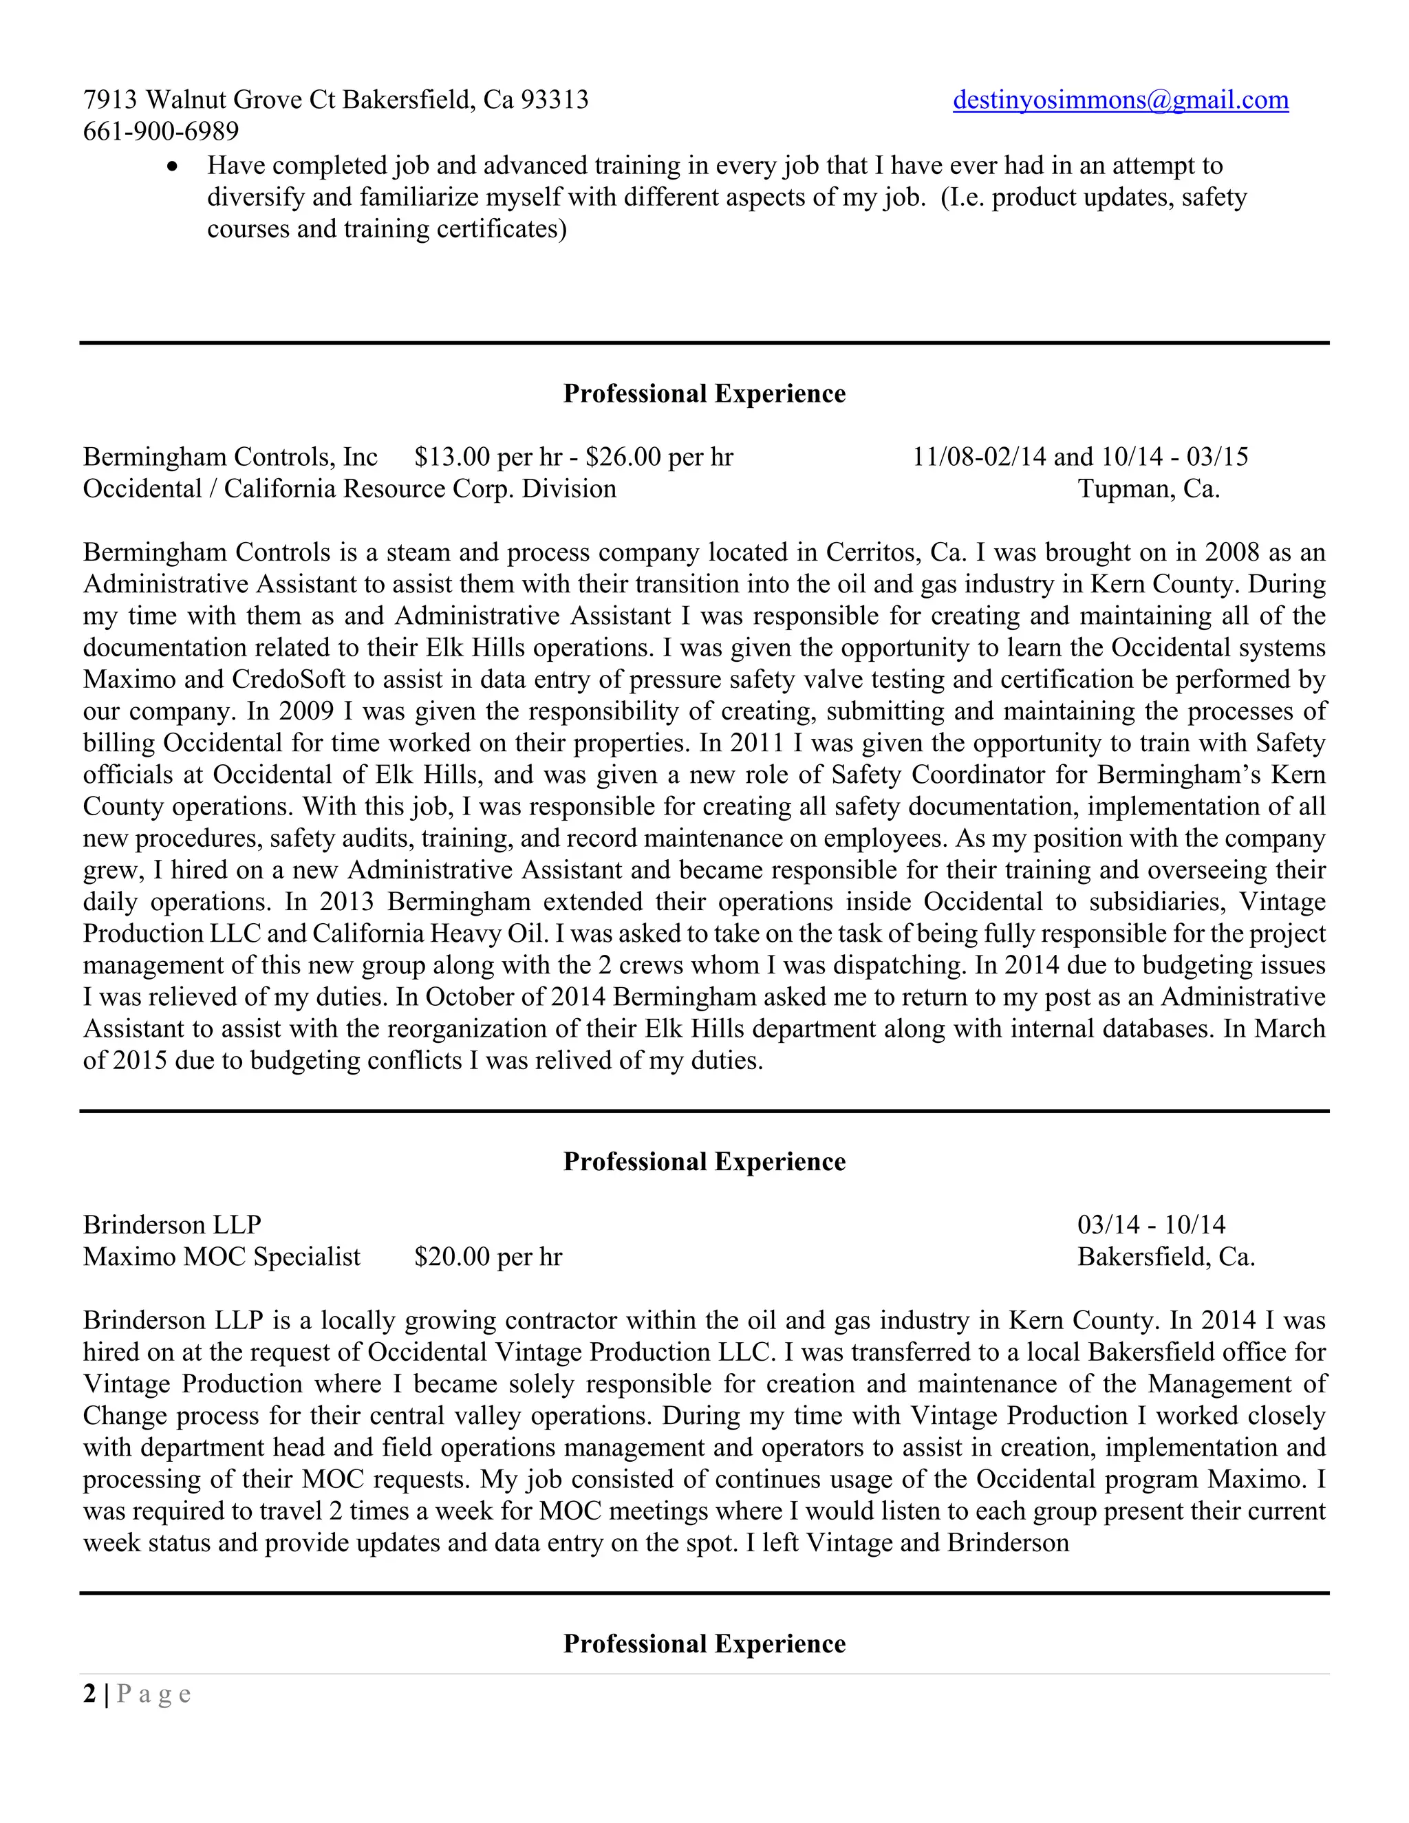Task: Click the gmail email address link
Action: click(x=1120, y=100)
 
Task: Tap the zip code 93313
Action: click(x=555, y=100)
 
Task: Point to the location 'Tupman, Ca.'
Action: click(x=1148, y=488)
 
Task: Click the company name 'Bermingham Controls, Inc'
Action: click(x=230, y=457)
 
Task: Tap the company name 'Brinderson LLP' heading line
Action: click(x=172, y=1225)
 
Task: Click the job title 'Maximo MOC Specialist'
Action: click(x=222, y=1256)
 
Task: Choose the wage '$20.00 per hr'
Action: click(x=488, y=1256)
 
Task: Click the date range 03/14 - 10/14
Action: click(x=1151, y=1225)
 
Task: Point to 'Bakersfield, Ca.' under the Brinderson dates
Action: click(x=1166, y=1256)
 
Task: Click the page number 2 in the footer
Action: click(x=89, y=1694)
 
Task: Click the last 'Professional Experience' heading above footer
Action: click(x=704, y=1643)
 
